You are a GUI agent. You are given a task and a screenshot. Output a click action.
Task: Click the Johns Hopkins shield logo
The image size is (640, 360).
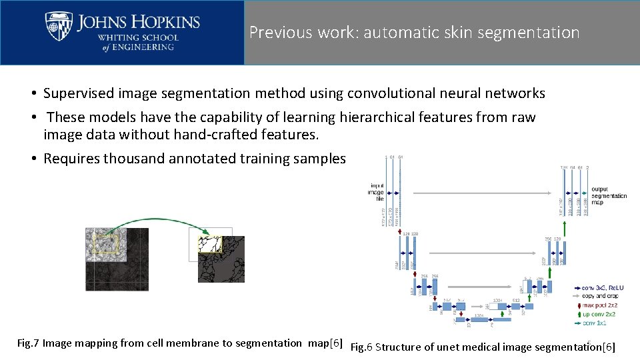59,26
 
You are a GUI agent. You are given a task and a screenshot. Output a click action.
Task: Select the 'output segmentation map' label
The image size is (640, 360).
609,195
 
